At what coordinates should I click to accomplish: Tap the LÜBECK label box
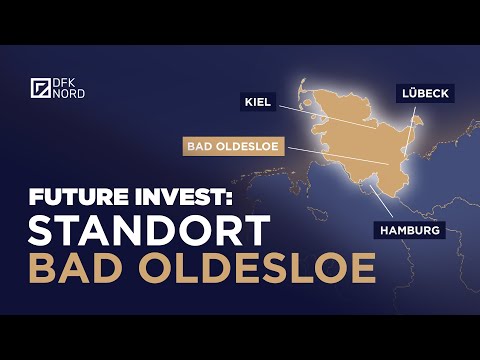pyautogui.click(x=425, y=92)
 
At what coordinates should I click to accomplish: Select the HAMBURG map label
pyautogui.click(x=409, y=230)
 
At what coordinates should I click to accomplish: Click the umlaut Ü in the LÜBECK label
pyautogui.click(x=412, y=92)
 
